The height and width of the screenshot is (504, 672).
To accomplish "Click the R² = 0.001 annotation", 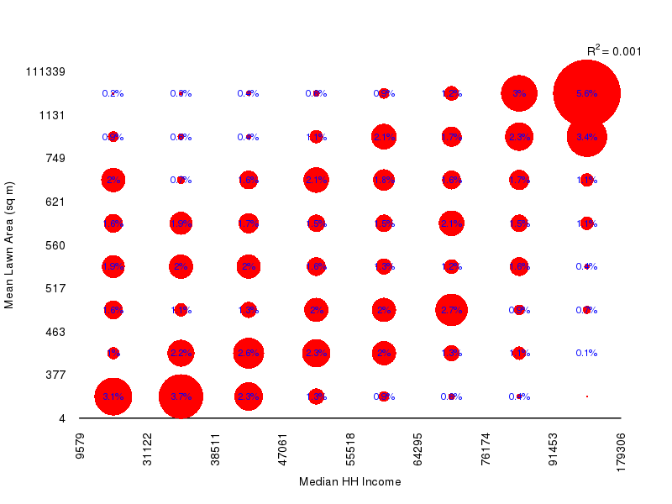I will (x=614, y=51).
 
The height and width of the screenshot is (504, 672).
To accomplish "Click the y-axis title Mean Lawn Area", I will (x=10, y=244).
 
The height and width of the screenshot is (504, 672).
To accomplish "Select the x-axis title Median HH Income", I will (x=349, y=482).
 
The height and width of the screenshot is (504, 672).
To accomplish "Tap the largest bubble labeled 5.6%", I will (x=586, y=93).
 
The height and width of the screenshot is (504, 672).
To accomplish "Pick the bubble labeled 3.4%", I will (x=586, y=137).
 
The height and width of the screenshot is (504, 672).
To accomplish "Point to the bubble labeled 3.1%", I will (x=113, y=396).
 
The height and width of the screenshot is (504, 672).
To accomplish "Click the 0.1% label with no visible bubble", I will (x=586, y=353).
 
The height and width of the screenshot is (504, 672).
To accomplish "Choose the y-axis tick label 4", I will (x=62, y=418).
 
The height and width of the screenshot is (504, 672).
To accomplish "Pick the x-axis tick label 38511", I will (x=216, y=450).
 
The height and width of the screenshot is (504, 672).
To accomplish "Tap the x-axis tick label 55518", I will (x=351, y=450).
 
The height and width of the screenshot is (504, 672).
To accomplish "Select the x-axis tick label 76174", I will (x=486, y=450).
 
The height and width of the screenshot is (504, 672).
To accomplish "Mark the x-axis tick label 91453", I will (x=554, y=450).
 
